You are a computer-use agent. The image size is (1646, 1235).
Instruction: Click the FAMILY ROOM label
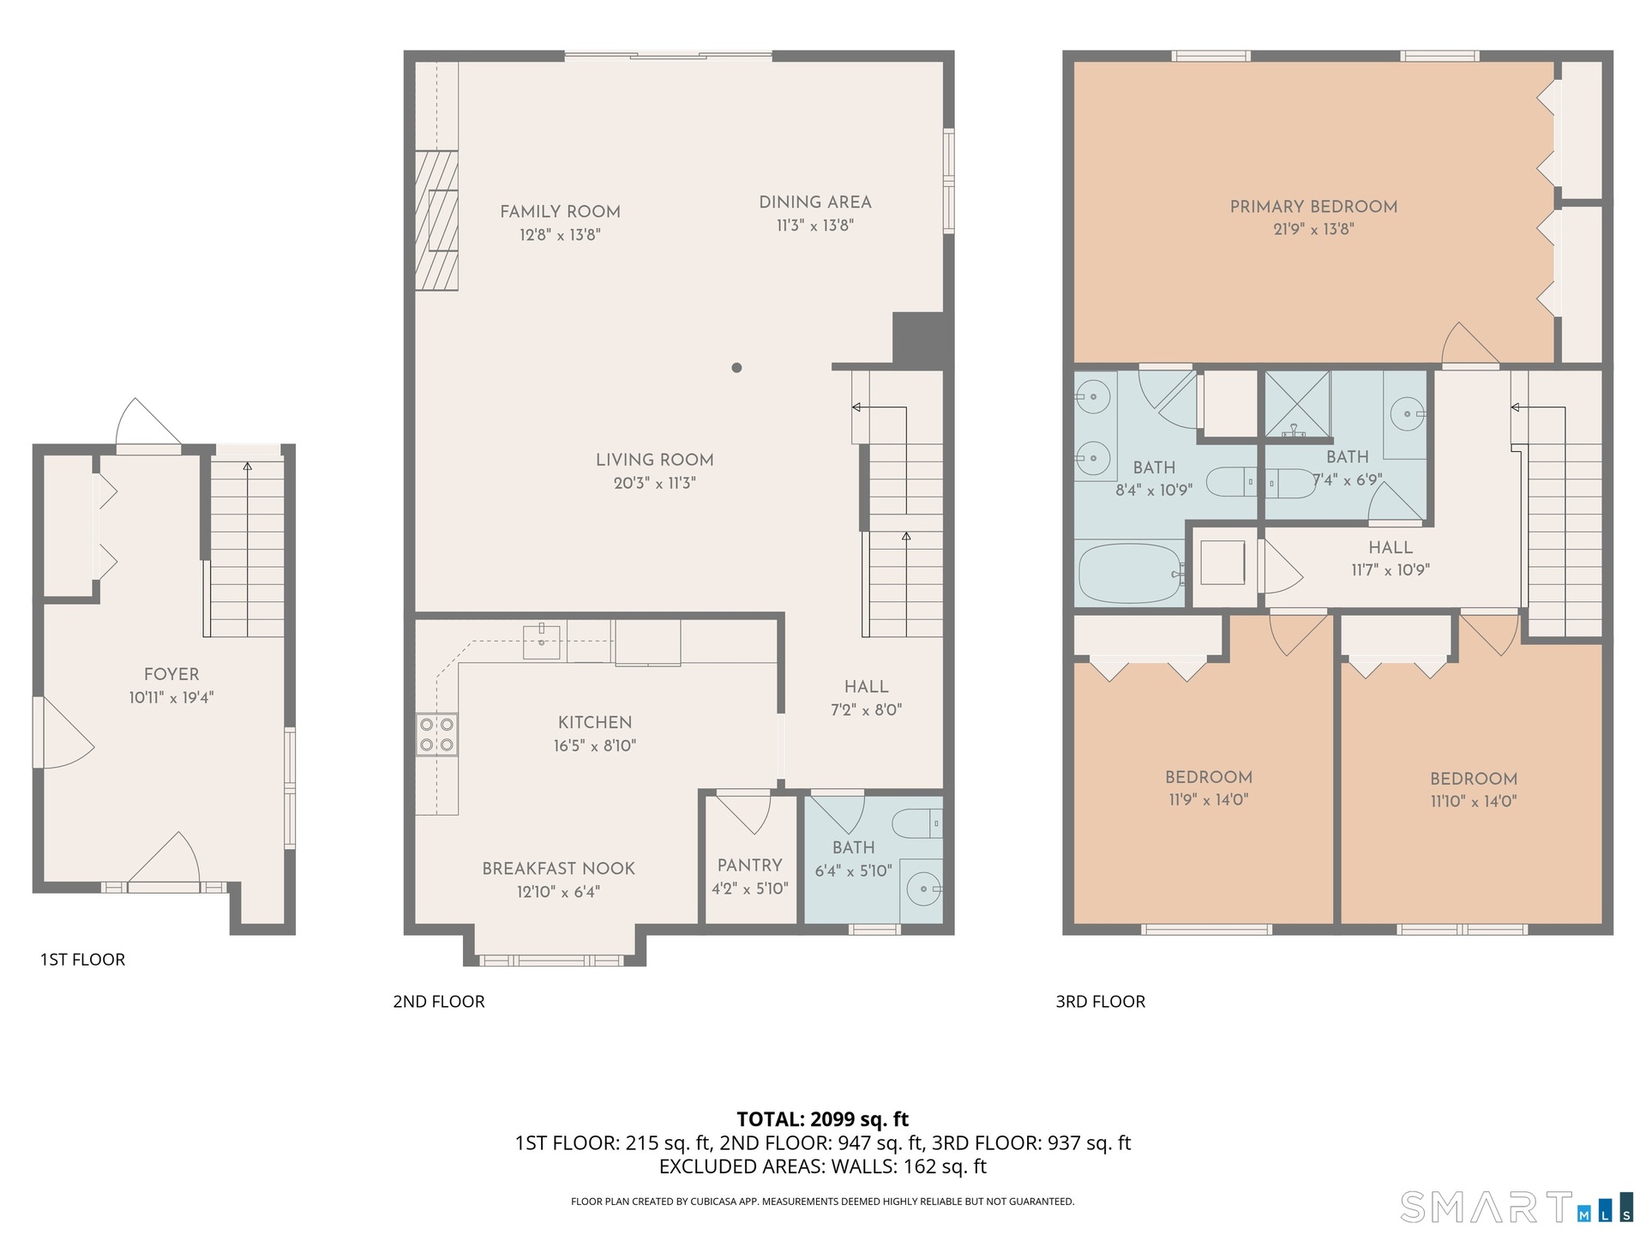(560, 212)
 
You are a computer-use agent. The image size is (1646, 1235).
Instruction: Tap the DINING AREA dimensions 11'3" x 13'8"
(815, 226)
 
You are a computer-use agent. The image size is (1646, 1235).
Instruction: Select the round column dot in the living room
(736, 368)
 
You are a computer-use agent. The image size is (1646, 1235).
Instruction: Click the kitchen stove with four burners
(436, 735)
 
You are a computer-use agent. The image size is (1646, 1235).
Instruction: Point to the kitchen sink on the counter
(542, 642)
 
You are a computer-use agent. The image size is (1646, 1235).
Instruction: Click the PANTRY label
(750, 865)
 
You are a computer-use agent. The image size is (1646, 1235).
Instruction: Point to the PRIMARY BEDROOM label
(1313, 207)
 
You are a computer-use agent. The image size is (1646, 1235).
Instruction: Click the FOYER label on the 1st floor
(171, 675)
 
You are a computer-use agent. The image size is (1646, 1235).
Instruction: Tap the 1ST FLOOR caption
(82, 960)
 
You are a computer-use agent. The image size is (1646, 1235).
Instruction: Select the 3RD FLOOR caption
(1100, 1002)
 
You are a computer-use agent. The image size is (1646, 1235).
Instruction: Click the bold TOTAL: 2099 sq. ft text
(823, 1119)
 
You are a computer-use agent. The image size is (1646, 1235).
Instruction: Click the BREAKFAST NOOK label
(558, 869)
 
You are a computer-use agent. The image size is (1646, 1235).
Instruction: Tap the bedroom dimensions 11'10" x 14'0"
(1474, 802)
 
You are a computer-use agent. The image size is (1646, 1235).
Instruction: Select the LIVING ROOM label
(655, 461)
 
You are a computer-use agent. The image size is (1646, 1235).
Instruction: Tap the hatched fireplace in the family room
(436, 220)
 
